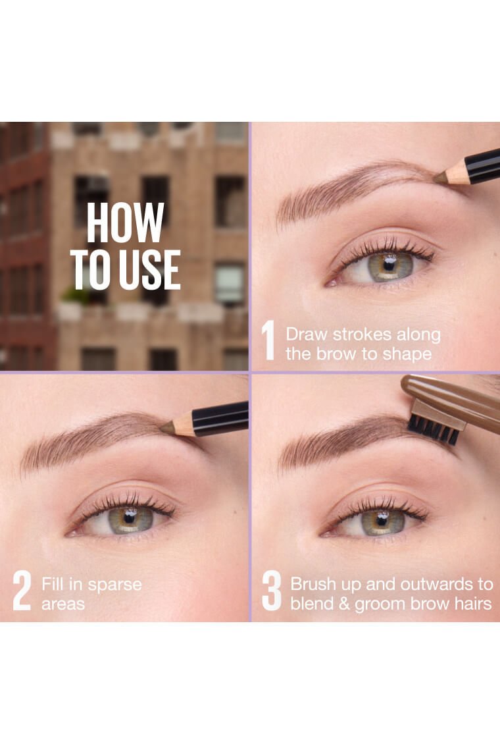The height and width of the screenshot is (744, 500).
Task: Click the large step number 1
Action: [x=268, y=340]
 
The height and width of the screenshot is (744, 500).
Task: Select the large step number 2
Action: [x=22, y=591]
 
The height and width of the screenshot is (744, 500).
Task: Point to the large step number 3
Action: [x=272, y=591]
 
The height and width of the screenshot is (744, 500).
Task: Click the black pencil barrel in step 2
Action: [x=220, y=418]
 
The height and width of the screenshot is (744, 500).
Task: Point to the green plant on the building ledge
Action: [x=76, y=295]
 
